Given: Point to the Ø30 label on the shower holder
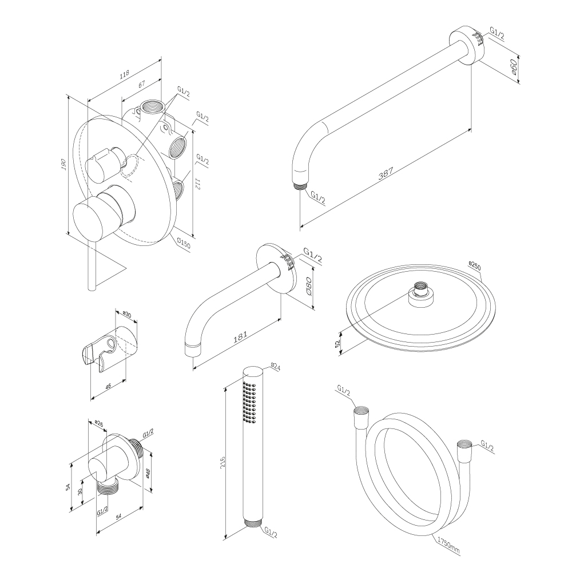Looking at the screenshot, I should pos(127,315).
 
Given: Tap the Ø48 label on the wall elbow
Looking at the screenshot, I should pos(148,472).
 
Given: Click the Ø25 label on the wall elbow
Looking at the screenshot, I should pos(98,424).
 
